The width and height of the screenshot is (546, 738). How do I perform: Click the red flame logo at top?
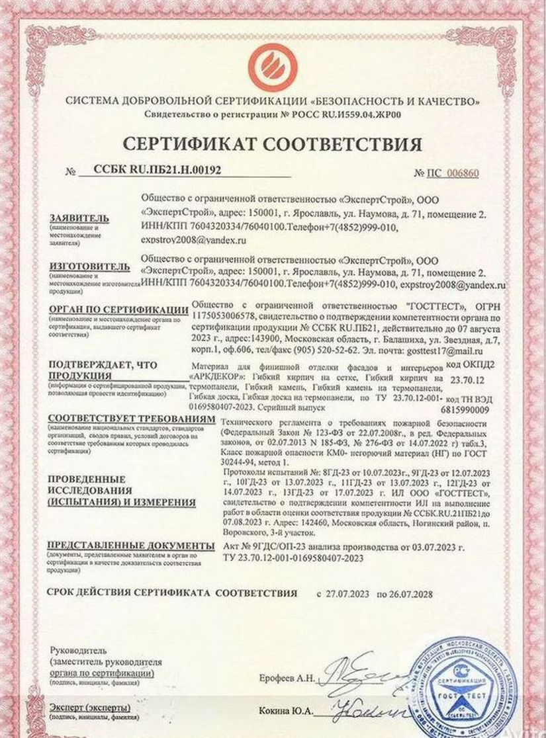click(x=273, y=63)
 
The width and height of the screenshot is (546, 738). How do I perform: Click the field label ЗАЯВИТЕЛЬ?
click(x=79, y=219)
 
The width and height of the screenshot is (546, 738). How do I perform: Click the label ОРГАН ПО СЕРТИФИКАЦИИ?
click(x=113, y=311)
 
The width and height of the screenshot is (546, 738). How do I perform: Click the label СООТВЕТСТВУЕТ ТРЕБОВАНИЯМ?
click(x=132, y=421)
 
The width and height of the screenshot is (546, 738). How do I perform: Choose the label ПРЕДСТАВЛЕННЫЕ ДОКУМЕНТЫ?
click(x=131, y=546)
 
